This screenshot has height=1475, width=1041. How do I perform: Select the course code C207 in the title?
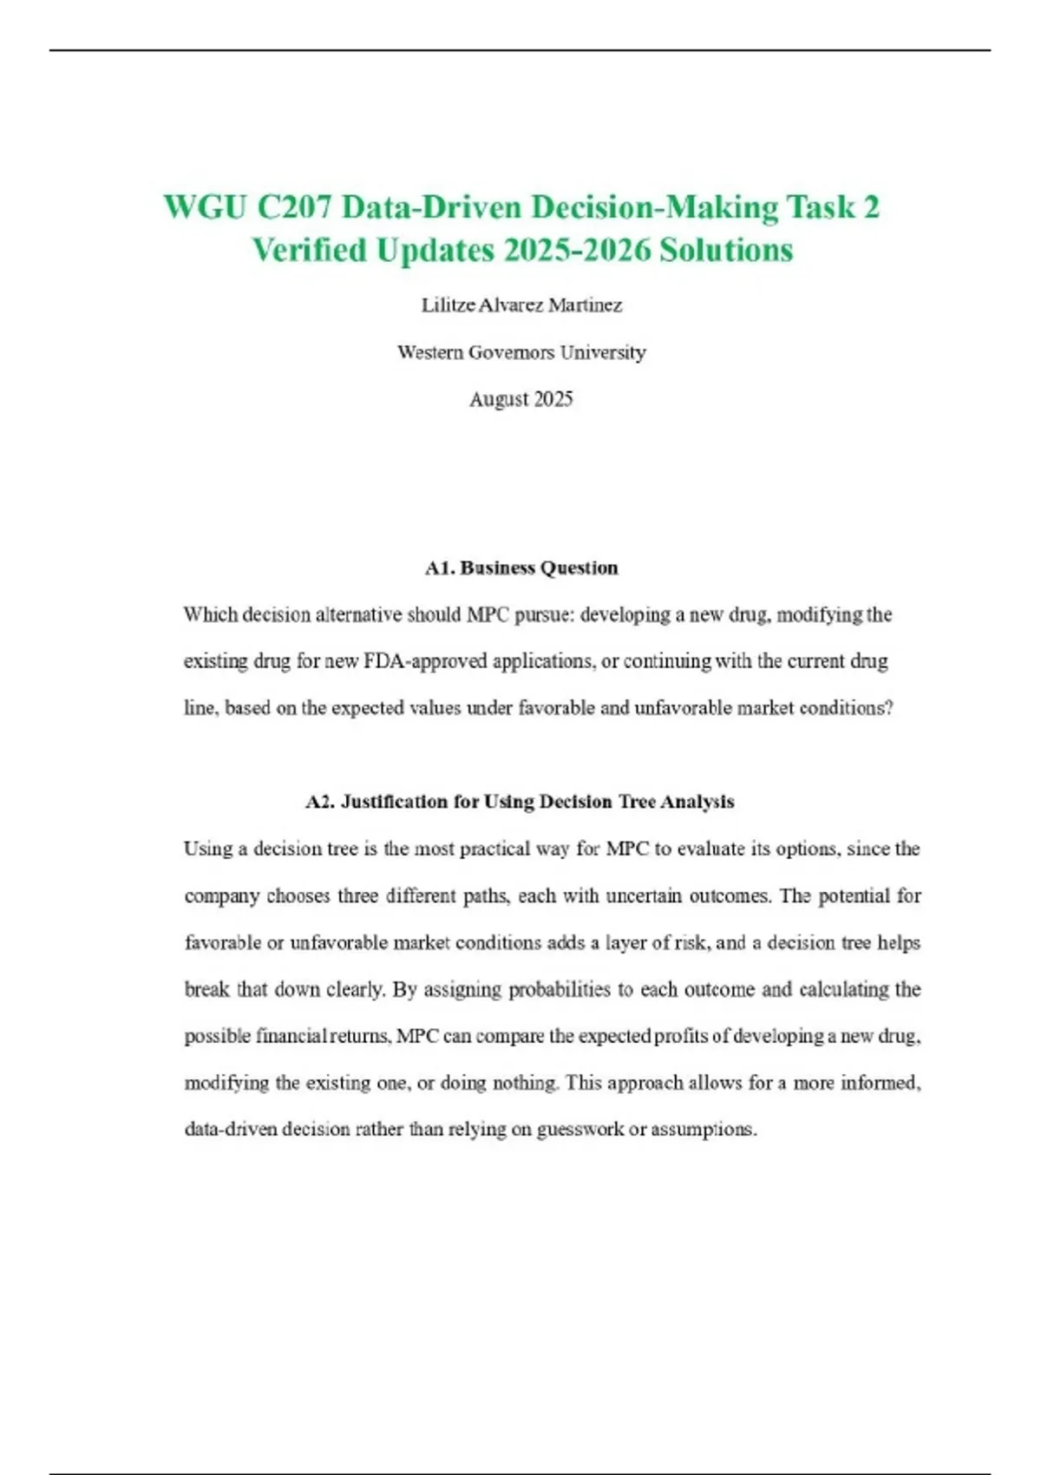(293, 208)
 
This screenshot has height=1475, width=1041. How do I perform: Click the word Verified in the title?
(309, 251)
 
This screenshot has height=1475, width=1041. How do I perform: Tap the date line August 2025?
(520, 399)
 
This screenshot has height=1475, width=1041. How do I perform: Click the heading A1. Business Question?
(520, 568)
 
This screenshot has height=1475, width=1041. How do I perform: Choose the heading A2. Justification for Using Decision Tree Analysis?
(520, 802)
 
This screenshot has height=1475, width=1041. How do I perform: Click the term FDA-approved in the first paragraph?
(423, 661)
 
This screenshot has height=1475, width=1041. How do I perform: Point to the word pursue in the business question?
(543, 615)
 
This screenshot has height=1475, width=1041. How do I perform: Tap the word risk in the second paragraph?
(691, 942)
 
